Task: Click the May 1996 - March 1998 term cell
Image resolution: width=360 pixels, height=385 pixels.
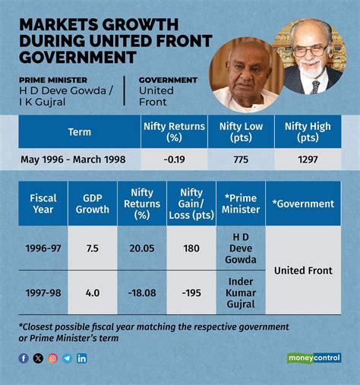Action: click(x=79, y=160)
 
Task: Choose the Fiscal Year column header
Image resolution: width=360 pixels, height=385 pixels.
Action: click(x=43, y=204)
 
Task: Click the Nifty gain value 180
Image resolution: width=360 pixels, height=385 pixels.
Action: click(x=191, y=248)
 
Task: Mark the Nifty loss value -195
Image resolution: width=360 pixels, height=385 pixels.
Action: click(x=191, y=291)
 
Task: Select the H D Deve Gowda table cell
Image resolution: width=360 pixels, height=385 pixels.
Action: click(x=240, y=248)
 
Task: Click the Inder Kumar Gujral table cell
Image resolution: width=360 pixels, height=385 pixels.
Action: click(x=240, y=291)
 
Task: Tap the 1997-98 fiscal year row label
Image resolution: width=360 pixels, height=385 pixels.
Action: click(x=43, y=291)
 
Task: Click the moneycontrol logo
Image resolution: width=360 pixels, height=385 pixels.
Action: click(x=314, y=358)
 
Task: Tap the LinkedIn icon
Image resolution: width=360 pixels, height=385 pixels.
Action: click(x=82, y=358)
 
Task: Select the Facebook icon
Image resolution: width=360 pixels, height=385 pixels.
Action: click(x=24, y=358)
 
